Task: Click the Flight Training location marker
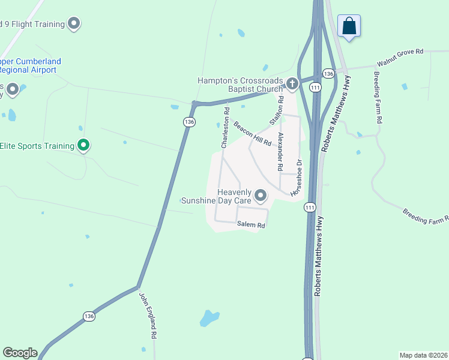[x=74, y=24]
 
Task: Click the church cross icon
[x=292, y=83]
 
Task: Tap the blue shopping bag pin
[x=349, y=26]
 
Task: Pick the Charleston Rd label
[x=225, y=128]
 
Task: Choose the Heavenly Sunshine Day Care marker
[x=261, y=196]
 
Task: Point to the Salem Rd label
[x=251, y=225]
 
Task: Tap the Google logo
[x=20, y=353]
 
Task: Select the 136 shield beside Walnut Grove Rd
[x=328, y=73]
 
